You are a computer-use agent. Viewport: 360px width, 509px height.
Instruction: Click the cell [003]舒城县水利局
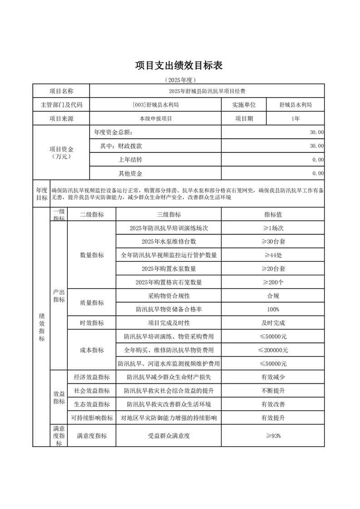155,105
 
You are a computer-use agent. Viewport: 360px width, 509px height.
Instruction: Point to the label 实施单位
244,105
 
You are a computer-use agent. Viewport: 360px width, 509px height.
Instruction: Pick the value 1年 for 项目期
295,118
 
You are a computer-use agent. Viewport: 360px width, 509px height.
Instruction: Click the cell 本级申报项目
155,118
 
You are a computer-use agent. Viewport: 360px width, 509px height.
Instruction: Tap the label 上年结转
130,160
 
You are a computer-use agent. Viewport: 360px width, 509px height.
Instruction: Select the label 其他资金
130,173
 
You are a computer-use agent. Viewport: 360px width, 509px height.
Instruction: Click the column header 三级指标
168,215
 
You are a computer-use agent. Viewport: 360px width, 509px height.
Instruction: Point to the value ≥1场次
273,228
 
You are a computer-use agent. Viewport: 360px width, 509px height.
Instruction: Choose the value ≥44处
273,255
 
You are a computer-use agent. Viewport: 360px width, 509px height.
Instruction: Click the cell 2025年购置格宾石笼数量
168,282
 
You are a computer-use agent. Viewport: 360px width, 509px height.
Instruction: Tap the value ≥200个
273,282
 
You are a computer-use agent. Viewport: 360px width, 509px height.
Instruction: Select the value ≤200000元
273,350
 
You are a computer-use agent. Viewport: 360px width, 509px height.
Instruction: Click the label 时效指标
92,323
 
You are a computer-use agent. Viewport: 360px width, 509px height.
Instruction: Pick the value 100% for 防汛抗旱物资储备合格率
273,309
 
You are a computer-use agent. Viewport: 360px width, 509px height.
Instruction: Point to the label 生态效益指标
92,404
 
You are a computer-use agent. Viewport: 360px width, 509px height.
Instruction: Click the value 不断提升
273,391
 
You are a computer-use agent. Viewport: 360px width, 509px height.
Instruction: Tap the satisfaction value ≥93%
273,436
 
